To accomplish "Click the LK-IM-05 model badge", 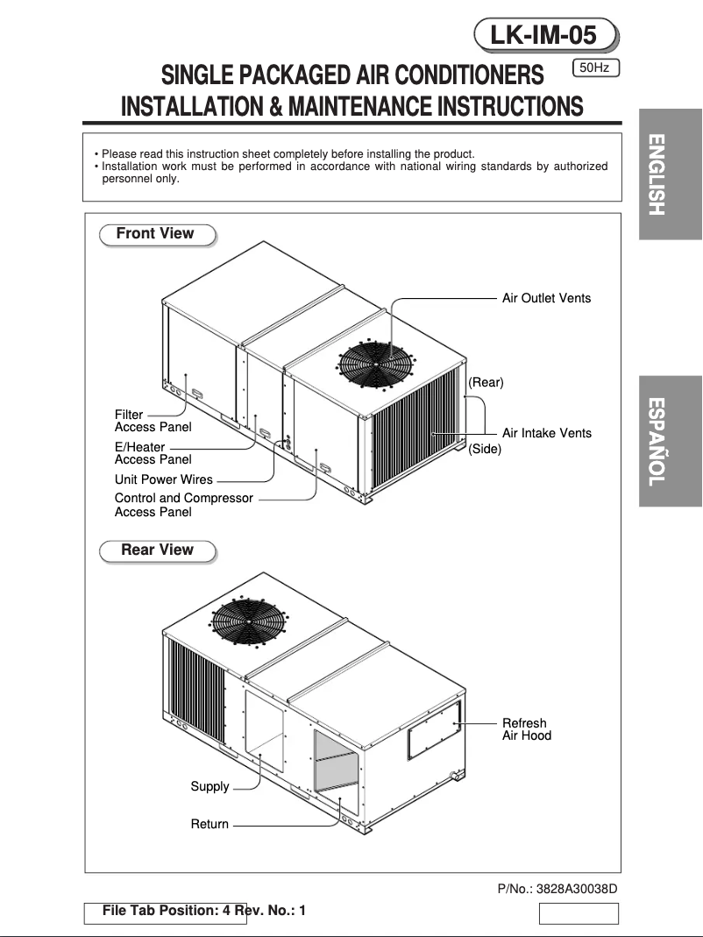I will (x=544, y=35).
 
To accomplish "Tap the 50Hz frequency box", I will (x=595, y=67).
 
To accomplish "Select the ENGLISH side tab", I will (x=670, y=174).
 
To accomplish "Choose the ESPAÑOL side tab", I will (x=670, y=441).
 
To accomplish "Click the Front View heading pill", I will (x=155, y=234).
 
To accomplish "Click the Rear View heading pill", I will (x=157, y=550).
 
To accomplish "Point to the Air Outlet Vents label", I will (x=546, y=298).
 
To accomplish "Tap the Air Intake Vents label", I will (x=546, y=433).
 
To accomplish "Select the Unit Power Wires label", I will (x=164, y=479).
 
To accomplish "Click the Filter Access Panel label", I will (x=153, y=421).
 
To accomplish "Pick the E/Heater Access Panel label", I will (x=153, y=453).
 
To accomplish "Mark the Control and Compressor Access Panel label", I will (x=183, y=505).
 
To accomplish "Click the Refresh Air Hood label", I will (x=526, y=729).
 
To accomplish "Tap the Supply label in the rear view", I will (x=209, y=786).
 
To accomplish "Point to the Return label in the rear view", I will (x=209, y=824).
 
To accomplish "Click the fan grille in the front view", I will (x=377, y=362).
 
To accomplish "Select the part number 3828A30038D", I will (x=557, y=889).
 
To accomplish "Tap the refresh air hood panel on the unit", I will (x=434, y=729).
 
